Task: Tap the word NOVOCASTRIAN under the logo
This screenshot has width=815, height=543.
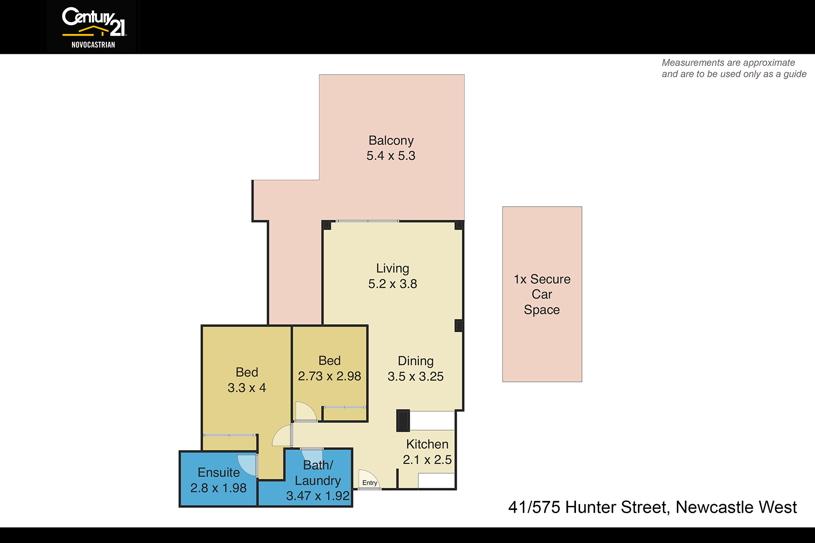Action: pyautogui.click(x=93, y=45)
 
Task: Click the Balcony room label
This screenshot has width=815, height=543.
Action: pyautogui.click(x=391, y=140)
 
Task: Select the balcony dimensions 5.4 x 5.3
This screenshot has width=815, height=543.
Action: pyautogui.click(x=391, y=156)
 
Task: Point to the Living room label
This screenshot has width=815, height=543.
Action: pyautogui.click(x=393, y=268)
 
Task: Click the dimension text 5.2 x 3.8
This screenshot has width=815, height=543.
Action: pyautogui.click(x=393, y=284)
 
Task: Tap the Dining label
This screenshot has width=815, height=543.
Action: pyautogui.click(x=416, y=361)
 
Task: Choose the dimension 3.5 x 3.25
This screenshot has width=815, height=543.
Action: pyautogui.click(x=416, y=376)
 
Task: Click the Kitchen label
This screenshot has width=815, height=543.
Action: pyautogui.click(x=427, y=444)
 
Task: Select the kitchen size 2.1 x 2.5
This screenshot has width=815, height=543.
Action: pyautogui.click(x=427, y=460)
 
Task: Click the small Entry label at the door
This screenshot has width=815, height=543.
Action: pyautogui.click(x=370, y=483)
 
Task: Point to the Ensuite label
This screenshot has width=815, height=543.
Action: pyautogui.click(x=219, y=472)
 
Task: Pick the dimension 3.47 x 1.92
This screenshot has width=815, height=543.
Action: pyautogui.click(x=318, y=496)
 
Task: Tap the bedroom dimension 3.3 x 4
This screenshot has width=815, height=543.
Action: pyautogui.click(x=247, y=388)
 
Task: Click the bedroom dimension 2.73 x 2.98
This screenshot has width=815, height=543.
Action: pyautogui.click(x=330, y=376)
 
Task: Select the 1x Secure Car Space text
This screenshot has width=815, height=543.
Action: pyautogui.click(x=542, y=295)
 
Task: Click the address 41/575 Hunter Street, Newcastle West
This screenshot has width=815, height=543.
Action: pyautogui.click(x=652, y=507)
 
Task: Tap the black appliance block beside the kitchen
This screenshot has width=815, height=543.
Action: pyautogui.click(x=403, y=420)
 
